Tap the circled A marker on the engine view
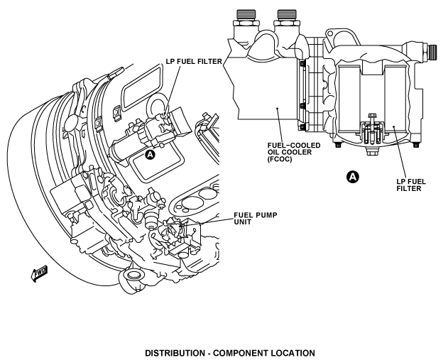click(151, 155)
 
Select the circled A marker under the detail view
click(353, 177)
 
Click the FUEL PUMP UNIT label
click(256, 218)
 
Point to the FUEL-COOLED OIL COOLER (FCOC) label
click(294, 152)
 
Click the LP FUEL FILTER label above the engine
click(194, 62)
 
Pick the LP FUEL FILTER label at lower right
click(411, 185)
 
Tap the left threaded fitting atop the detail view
click(246, 18)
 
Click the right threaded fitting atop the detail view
click(287, 18)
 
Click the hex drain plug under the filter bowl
click(372, 152)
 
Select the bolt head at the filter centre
click(371, 116)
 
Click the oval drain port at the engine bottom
click(132, 275)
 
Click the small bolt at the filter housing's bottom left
click(338, 145)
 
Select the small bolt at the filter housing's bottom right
click(415, 145)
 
